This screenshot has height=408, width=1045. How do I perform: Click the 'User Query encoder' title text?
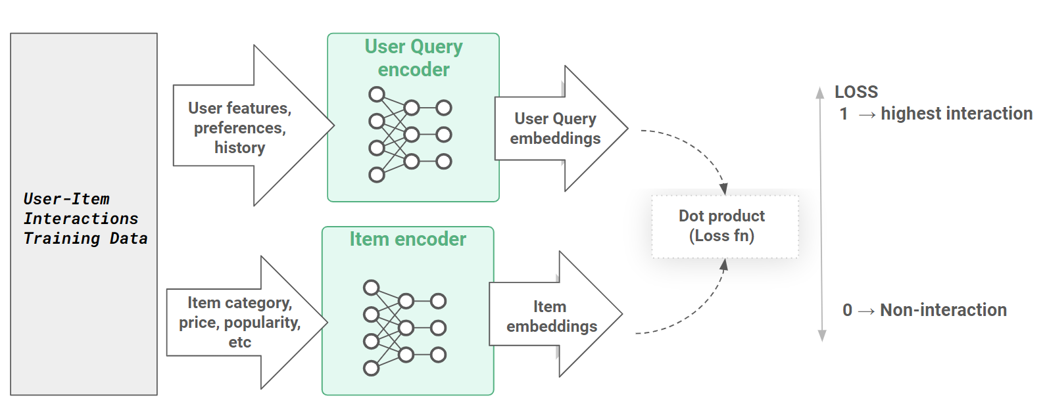click(x=414, y=58)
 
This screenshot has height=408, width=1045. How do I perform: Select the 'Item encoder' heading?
click(x=408, y=239)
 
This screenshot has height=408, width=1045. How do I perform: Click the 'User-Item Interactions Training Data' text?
click(x=85, y=219)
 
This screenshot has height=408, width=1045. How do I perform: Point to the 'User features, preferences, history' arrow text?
click(x=240, y=127)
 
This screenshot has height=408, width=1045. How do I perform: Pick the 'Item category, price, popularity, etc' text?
click(x=240, y=322)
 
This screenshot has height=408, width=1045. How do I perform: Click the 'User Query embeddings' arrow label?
click(x=556, y=128)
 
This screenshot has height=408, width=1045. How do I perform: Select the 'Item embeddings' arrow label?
click(x=551, y=316)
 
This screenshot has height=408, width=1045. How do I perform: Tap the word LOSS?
click(x=856, y=92)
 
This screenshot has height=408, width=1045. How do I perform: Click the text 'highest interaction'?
click(x=956, y=114)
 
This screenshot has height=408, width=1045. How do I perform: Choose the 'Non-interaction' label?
click(x=943, y=310)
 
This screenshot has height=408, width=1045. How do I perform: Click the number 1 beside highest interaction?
click(x=844, y=114)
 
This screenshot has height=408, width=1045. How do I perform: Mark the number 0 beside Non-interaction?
click(x=847, y=310)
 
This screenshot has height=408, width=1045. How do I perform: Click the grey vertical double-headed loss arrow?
click(x=821, y=214)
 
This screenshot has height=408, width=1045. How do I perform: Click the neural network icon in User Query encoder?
click(x=410, y=135)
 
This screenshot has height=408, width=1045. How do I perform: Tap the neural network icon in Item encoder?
click(x=404, y=328)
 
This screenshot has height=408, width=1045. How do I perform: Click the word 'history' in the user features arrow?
click(x=240, y=148)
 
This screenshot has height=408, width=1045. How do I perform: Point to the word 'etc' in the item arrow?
click(x=240, y=342)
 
